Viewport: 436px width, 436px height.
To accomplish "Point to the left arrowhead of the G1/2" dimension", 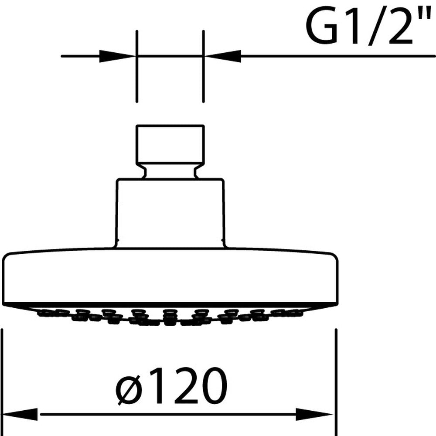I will coord(118,56).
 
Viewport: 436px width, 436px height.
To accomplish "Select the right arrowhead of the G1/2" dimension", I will coord(222,56).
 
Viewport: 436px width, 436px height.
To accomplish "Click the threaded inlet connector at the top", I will coord(170,144).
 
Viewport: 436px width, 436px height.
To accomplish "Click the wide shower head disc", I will coord(170,277).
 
